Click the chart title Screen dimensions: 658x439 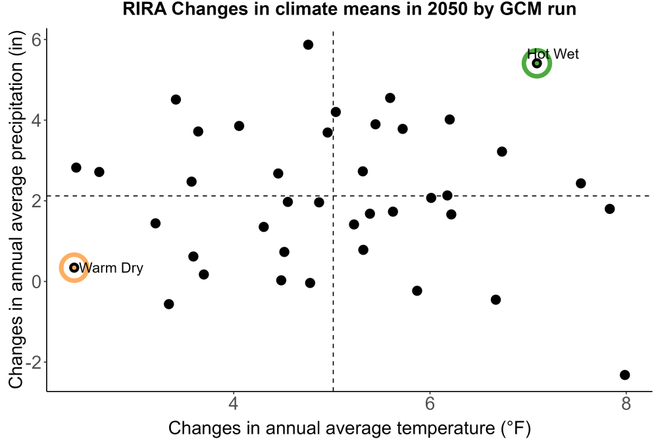click(x=349, y=9)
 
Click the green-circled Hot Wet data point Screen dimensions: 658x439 click(x=537, y=63)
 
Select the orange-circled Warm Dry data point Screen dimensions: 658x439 click(x=74, y=267)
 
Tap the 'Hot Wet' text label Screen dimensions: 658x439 click(x=553, y=54)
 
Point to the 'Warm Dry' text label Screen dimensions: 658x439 click(x=111, y=268)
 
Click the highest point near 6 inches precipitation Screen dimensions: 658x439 click(x=308, y=45)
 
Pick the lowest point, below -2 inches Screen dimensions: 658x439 click(x=625, y=374)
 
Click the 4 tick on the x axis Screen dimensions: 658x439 click(x=234, y=403)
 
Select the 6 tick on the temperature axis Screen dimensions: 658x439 click(x=430, y=403)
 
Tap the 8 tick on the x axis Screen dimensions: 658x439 click(x=626, y=403)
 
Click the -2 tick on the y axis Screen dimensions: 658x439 click(x=33, y=362)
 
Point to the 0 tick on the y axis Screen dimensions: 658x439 click(x=37, y=281)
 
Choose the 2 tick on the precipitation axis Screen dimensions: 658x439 click(x=37, y=201)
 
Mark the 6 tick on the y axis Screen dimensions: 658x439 click(x=37, y=39)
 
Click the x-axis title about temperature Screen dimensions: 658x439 click(x=349, y=428)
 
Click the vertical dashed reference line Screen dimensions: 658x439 click(x=333, y=211)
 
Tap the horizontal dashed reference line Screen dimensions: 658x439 click(x=349, y=196)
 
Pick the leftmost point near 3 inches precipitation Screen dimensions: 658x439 click(x=76, y=167)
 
